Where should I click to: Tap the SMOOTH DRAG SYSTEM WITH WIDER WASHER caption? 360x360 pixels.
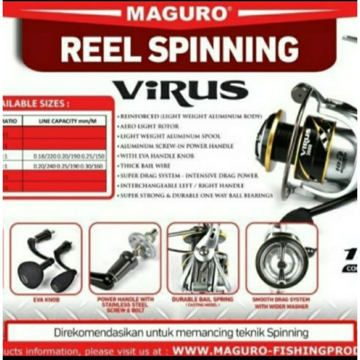(282, 302)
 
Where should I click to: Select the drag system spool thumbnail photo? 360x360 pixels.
(282, 259)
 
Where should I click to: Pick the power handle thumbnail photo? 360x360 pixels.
(125, 259)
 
